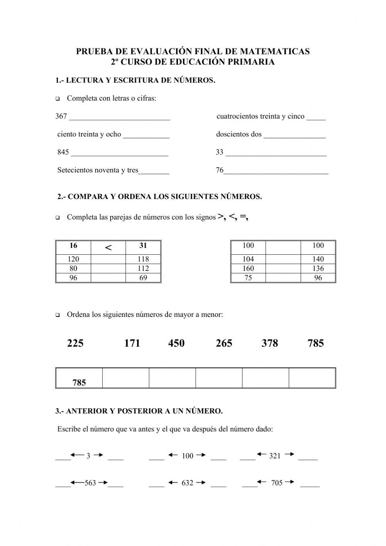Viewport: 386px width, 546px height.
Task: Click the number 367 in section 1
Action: tap(61, 116)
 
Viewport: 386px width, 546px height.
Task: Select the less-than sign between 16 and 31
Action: tap(108, 248)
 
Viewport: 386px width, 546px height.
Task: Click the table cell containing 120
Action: tap(73, 259)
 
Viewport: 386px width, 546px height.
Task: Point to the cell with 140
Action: tap(318, 259)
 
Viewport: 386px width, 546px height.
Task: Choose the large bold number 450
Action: tap(176, 343)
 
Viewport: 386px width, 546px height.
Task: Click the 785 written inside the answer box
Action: tap(79, 383)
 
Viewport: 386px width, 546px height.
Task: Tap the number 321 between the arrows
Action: tap(275, 456)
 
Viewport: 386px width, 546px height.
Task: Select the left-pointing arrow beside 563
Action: tap(77, 482)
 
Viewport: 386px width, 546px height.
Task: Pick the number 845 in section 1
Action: tap(63, 152)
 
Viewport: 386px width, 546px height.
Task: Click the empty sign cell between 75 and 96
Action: tap(283, 278)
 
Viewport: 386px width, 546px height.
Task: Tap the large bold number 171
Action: tap(132, 343)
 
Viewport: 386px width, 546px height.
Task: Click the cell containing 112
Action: tap(143, 268)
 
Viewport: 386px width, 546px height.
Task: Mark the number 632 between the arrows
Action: tap(187, 483)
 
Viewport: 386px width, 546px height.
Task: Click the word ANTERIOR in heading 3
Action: tap(83, 411)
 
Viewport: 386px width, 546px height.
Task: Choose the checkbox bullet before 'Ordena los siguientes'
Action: tap(58, 315)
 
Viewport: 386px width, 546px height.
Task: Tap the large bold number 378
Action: tap(269, 343)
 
